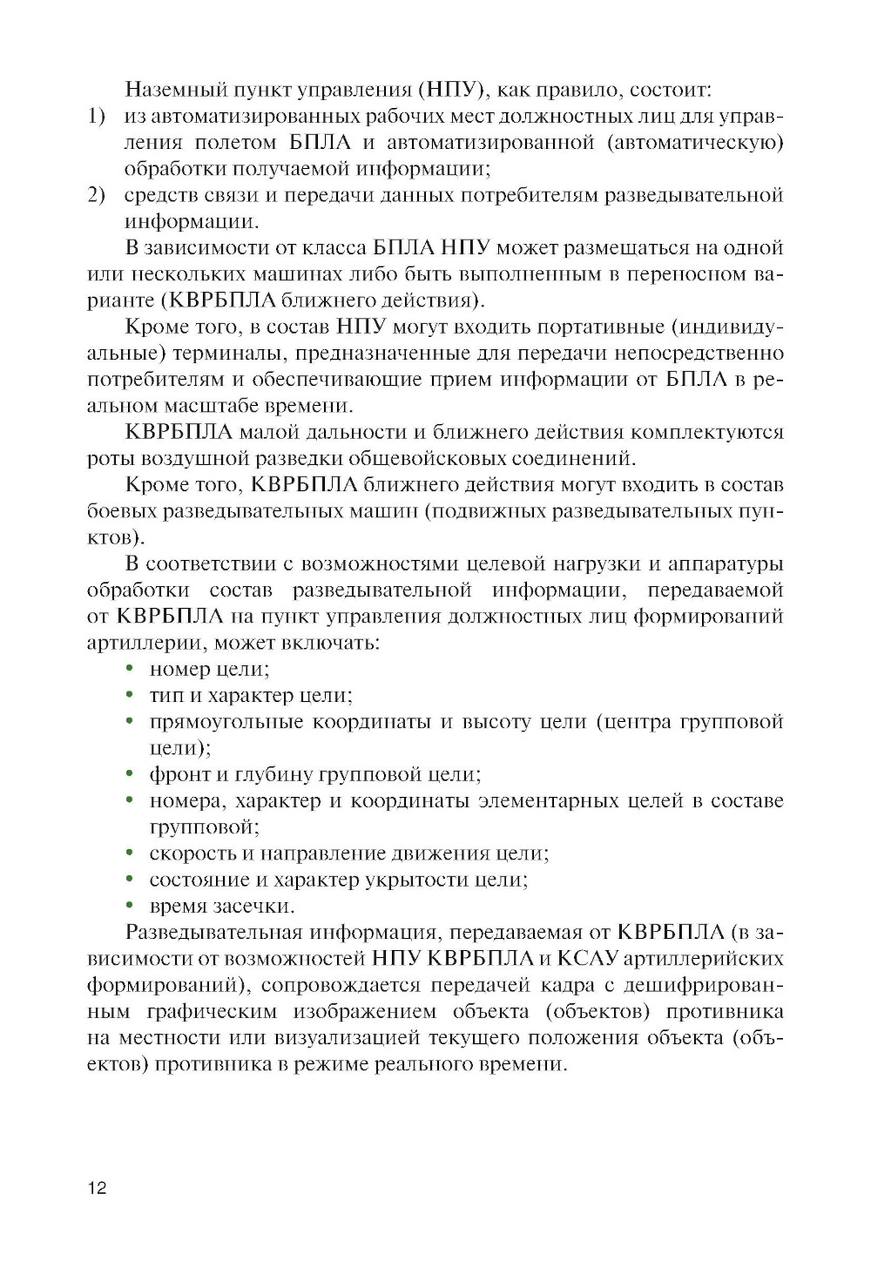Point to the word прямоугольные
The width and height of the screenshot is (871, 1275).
(226, 722)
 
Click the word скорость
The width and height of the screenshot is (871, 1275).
(192, 853)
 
